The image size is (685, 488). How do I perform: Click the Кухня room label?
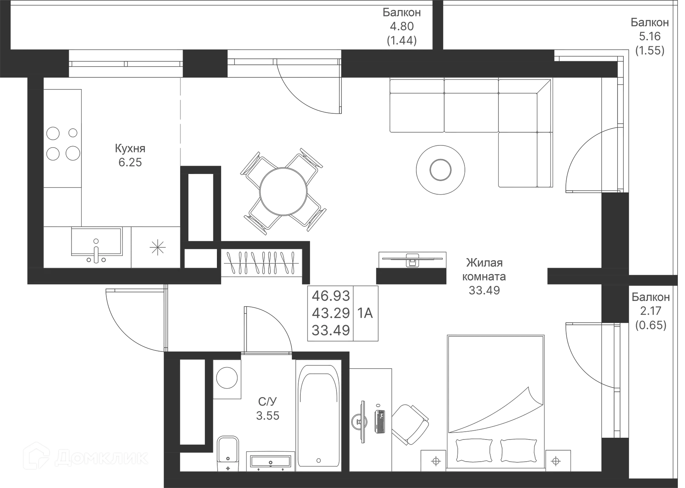(130, 148)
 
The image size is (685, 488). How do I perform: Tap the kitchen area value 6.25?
(130, 163)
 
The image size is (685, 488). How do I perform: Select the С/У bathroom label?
(268, 402)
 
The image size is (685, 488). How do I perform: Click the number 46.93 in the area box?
(331, 296)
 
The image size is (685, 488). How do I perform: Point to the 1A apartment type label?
(365, 313)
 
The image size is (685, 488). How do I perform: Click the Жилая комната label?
(484, 269)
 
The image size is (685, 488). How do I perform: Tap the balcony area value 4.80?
(402, 26)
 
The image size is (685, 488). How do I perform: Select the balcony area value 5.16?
(650, 36)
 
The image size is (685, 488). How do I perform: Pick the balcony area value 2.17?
(651, 311)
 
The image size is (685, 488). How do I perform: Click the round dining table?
(283, 191)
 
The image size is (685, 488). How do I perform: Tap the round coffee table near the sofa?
(441, 170)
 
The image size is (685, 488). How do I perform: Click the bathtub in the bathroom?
(318, 415)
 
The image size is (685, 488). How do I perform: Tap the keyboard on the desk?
(380, 422)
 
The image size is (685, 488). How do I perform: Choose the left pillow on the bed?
(474, 450)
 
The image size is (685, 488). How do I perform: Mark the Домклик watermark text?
(101, 458)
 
